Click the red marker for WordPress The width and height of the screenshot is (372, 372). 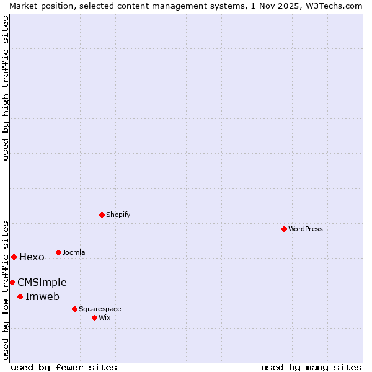click(x=284, y=229)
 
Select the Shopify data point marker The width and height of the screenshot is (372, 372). click(x=102, y=215)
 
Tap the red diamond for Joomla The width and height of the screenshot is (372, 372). click(x=58, y=252)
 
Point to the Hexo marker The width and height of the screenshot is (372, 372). click(x=14, y=257)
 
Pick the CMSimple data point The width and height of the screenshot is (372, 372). click(x=12, y=282)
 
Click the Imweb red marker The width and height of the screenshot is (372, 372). click(x=20, y=296)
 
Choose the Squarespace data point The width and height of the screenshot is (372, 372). click(x=74, y=309)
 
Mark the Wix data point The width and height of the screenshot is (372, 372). click(x=94, y=317)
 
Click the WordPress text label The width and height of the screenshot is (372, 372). click(x=306, y=229)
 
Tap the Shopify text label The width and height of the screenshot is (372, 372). click(x=118, y=215)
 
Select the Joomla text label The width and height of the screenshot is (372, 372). click(x=74, y=252)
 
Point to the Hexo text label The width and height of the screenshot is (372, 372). click(x=32, y=257)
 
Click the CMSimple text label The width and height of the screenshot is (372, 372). click(x=42, y=282)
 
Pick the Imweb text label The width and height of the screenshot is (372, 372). click(x=42, y=296)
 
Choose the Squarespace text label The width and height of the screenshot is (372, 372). click(x=100, y=309)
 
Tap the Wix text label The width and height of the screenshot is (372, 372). click(x=105, y=317)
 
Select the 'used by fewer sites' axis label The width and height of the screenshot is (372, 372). click(x=64, y=367)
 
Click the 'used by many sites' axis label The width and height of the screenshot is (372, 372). click(x=311, y=367)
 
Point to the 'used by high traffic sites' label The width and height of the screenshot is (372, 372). click(x=6, y=89)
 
